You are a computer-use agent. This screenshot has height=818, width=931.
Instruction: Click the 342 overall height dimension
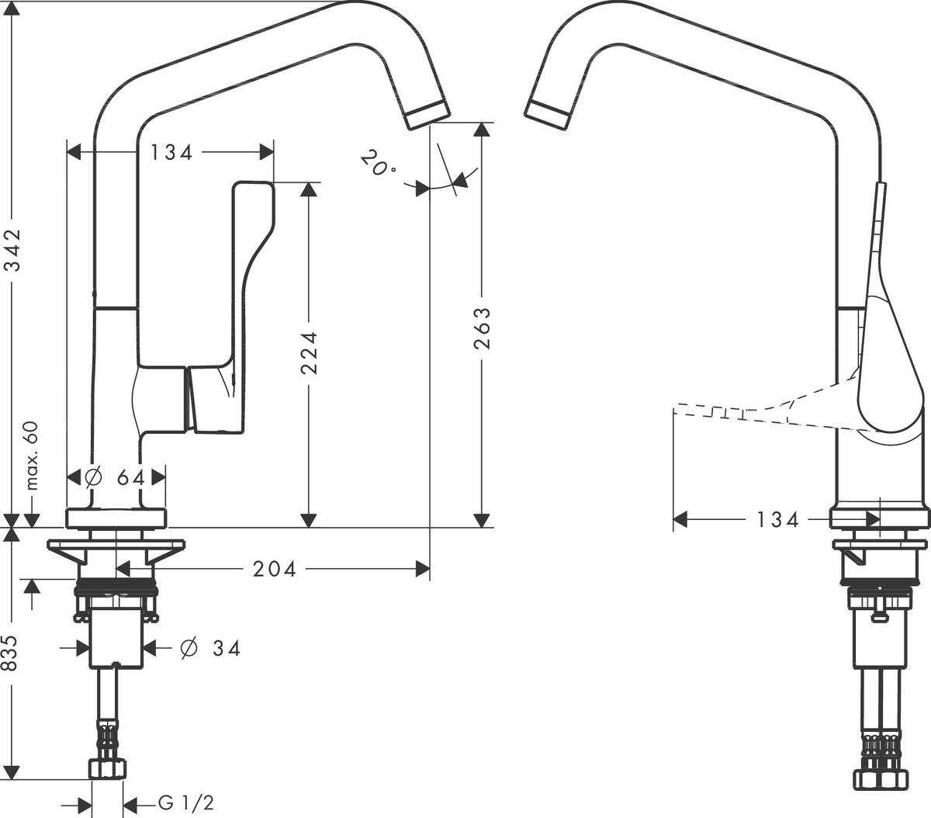14,250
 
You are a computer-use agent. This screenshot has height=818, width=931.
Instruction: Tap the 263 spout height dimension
482,328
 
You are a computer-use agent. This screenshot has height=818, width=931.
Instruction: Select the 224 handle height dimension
309,352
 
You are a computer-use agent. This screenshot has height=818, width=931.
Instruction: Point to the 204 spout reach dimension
275,569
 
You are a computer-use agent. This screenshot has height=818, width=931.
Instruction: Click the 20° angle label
377,163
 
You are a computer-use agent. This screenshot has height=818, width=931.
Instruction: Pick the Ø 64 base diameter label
116,478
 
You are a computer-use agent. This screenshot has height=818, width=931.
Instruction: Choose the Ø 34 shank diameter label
210,648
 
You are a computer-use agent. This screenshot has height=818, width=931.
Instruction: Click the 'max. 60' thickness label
31,456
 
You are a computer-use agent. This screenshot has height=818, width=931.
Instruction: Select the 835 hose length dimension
10,653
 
